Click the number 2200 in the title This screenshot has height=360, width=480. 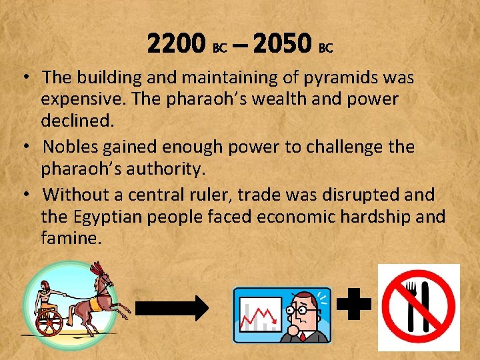pyautogui.click(x=176, y=45)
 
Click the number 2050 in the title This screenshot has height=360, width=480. pyautogui.click(x=283, y=45)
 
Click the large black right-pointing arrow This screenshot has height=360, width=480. pyautogui.click(x=172, y=307)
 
